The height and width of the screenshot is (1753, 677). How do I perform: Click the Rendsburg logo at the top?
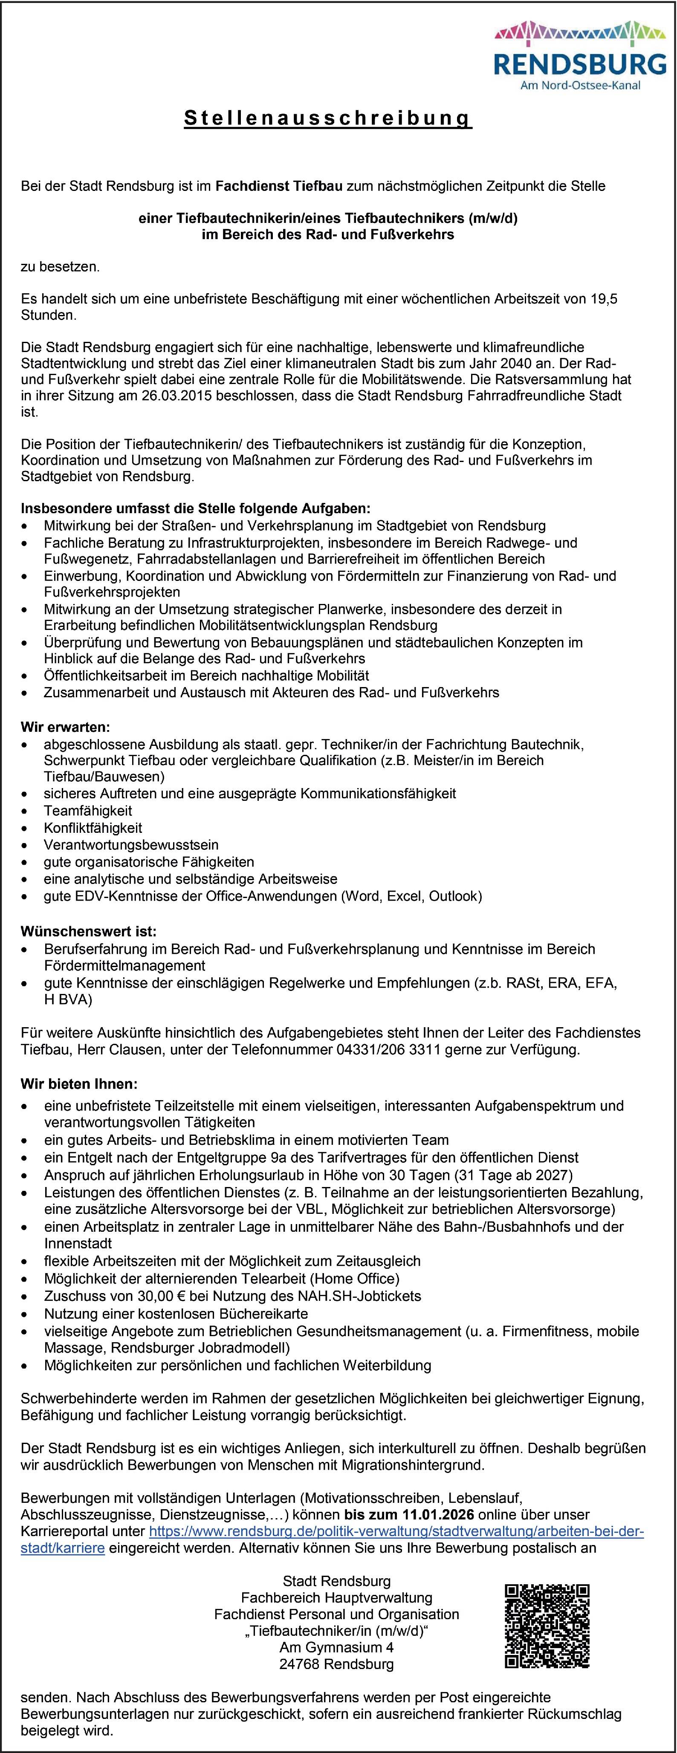click(x=580, y=56)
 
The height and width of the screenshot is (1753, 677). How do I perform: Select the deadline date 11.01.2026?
click(x=438, y=1514)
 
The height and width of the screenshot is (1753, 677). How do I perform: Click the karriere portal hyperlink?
click(x=396, y=1531)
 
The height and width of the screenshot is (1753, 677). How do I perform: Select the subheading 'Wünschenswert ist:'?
click(x=88, y=931)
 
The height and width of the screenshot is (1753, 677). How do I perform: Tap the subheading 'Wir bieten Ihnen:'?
click(x=79, y=1083)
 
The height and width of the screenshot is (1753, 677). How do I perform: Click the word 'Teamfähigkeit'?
click(x=88, y=811)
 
